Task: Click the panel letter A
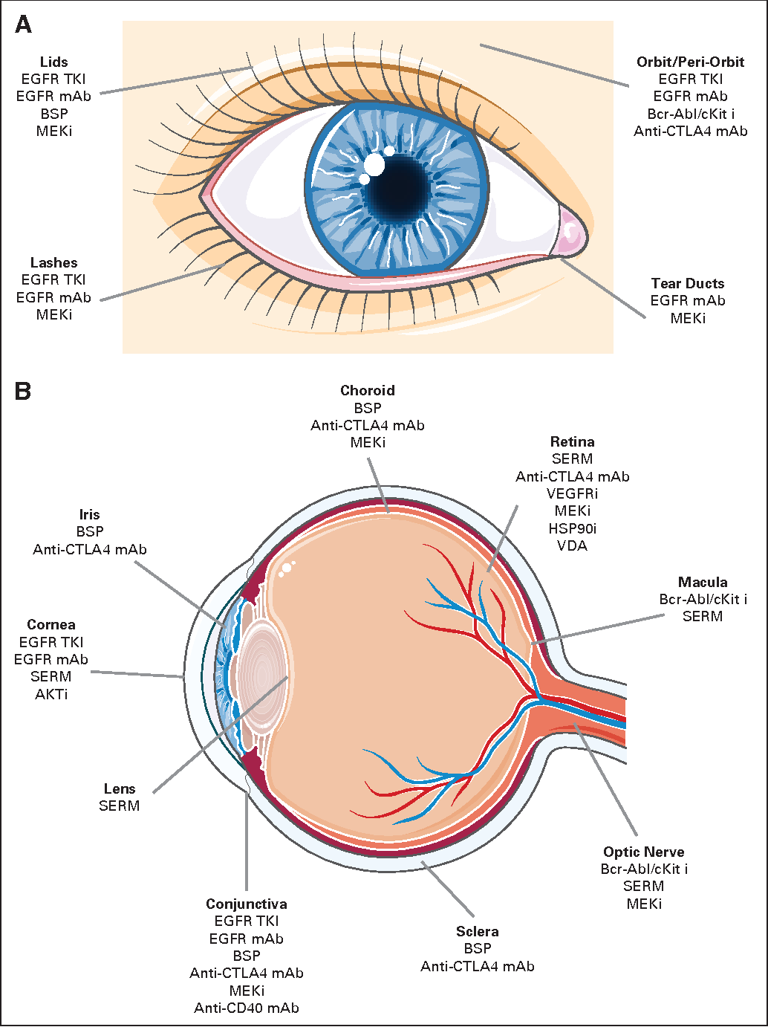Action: (x=23, y=25)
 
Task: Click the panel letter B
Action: (x=23, y=391)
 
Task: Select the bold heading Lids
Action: (x=53, y=62)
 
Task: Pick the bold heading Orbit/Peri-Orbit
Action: (x=690, y=62)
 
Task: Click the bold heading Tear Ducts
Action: (x=687, y=284)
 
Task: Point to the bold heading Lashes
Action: (x=53, y=263)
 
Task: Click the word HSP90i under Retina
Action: (x=572, y=528)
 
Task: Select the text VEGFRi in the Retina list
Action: (x=572, y=494)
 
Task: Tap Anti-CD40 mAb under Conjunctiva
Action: (x=247, y=1008)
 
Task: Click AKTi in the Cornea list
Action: (x=51, y=694)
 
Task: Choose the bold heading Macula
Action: (x=702, y=583)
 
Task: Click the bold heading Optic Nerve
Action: (x=643, y=852)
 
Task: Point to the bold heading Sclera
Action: (x=477, y=932)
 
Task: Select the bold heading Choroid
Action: (x=367, y=391)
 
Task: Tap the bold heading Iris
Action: (x=89, y=515)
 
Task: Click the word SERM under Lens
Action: (x=119, y=806)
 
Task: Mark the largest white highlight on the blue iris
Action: (x=375, y=165)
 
